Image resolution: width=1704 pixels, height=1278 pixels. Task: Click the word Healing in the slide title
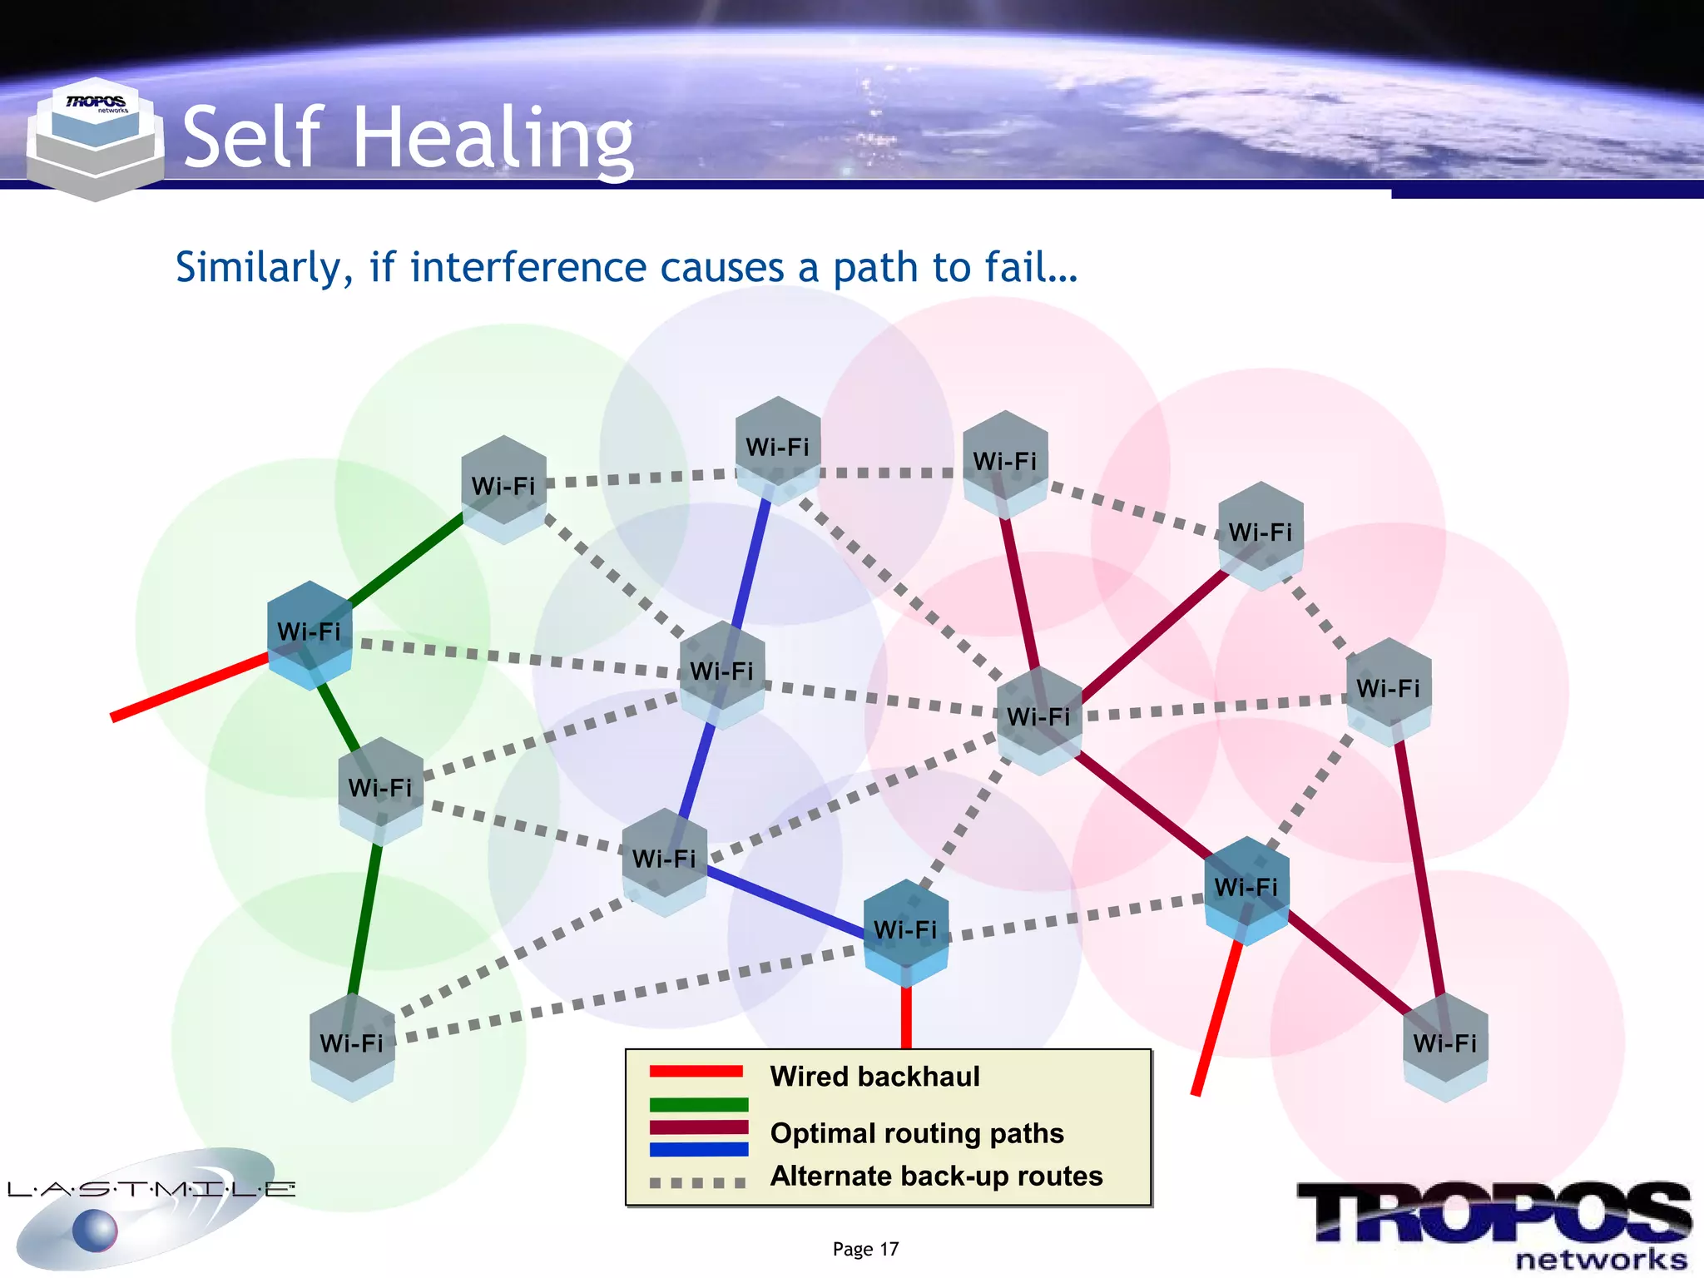tap(493, 137)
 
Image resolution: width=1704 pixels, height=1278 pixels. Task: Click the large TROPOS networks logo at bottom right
tap(1494, 1223)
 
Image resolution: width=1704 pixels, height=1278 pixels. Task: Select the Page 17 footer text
tap(865, 1249)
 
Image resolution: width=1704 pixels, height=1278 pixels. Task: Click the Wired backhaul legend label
tap(874, 1077)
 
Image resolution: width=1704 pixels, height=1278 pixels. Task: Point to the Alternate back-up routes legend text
tap(936, 1176)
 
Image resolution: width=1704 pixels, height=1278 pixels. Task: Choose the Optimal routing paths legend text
tap(917, 1133)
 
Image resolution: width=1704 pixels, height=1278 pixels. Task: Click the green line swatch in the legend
tap(698, 1105)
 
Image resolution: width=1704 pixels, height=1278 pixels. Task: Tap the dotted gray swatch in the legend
tap(698, 1182)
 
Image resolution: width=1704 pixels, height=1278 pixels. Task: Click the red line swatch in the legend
tap(696, 1072)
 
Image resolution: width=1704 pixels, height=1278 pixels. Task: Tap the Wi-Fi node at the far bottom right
tap(1444, 1045)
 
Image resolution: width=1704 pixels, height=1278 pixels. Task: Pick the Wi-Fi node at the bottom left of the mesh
tap(352, 1045)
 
